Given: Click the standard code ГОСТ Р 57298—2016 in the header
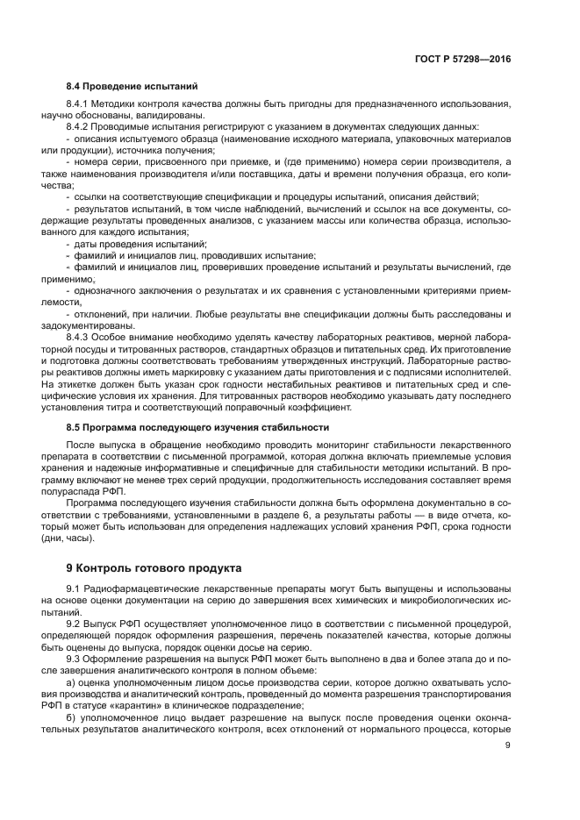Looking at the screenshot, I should click(462, 59).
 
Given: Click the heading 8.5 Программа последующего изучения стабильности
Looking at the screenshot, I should click(197, 427).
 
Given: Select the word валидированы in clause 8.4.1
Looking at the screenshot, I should click(174, 115).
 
